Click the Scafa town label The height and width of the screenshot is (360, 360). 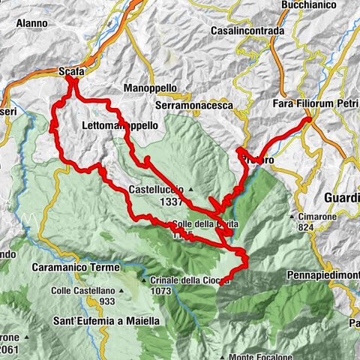pyautogui.click(x=72, y=71)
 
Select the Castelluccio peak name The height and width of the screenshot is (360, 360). pyautogui.click(x=156, y=190)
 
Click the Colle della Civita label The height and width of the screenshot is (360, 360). pyautogui.click(x=199, y=223)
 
